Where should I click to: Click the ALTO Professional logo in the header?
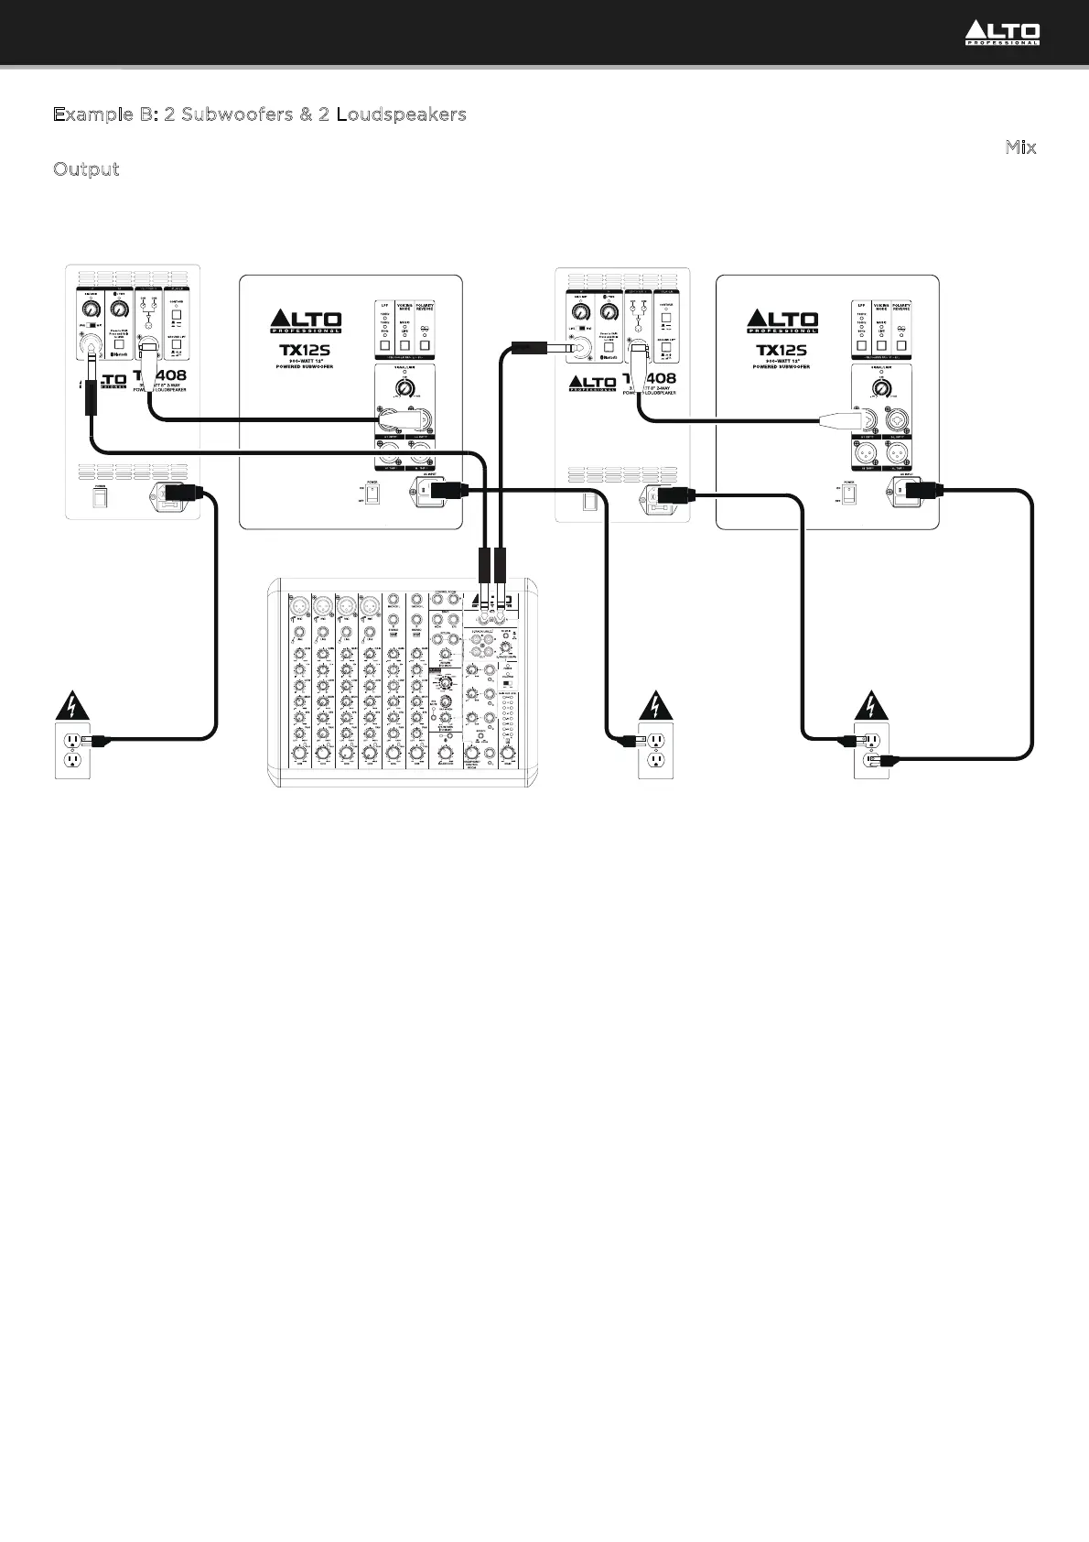[x=1002, y=34]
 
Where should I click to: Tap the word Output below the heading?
[x=86, y=169]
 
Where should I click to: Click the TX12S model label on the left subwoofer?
[x=306, y=350]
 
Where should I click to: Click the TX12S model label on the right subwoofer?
[x=782, y=350]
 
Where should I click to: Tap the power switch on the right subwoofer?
[x=849, y=495]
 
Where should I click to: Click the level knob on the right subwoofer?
[x=881, y=389]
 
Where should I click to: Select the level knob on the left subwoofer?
[x=404, y=388]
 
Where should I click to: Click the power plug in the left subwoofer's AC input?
[x=447, y=490]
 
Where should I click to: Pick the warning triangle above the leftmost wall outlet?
[x=71, y=706]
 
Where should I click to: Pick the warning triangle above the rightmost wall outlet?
[x=870, y=706]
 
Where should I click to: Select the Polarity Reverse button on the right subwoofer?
[x=901, y=346]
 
